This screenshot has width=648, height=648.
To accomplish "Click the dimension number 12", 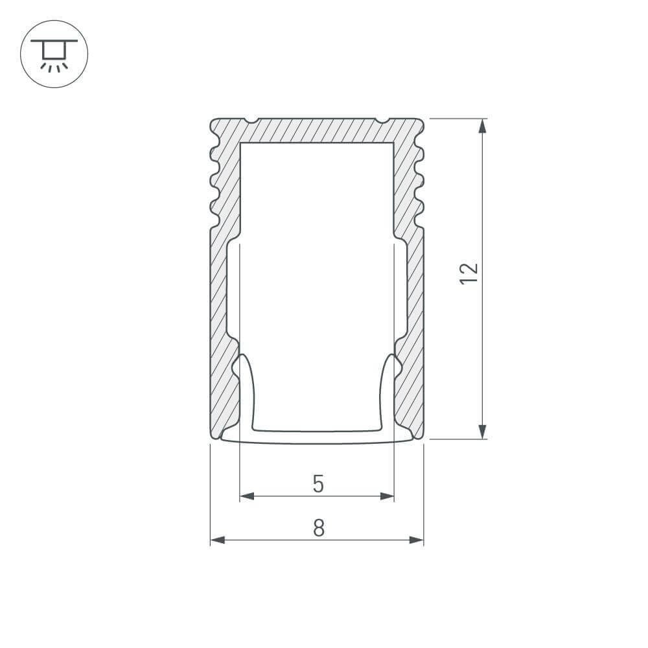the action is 469,273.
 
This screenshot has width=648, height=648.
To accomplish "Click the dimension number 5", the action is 318,484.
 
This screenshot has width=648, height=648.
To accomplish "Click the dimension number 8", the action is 319,527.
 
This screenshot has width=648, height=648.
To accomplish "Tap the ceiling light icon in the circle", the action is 54,54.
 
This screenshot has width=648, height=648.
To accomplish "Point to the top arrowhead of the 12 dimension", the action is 482,126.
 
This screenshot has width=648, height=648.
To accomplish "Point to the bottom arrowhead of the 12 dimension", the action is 482,432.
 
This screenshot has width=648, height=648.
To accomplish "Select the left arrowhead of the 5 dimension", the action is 247,496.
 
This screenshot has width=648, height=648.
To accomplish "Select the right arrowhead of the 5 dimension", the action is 388,496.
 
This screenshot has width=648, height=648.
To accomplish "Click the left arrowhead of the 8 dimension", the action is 217,540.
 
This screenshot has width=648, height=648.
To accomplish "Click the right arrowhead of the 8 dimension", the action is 417,540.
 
